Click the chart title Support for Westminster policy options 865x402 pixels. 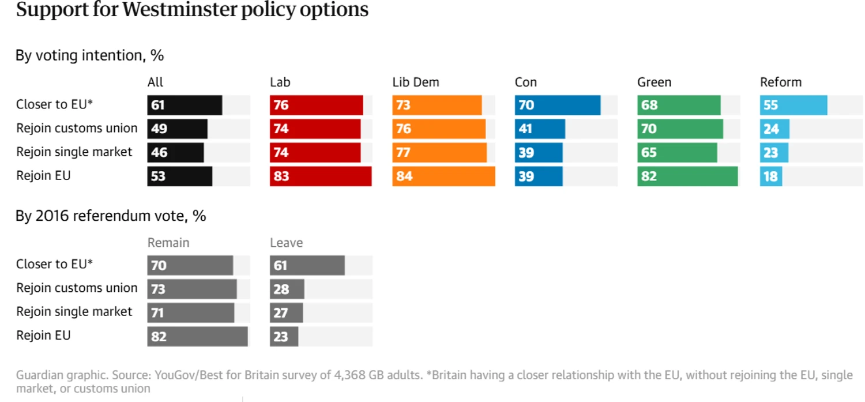point(192,10)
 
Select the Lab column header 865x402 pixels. point(280,82)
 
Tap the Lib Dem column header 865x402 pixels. point(416,82)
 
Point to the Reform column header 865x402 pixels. point(781,82)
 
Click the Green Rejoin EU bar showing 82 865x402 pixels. point(687,176)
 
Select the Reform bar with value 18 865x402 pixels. point(771,176)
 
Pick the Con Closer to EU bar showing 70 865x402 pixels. point(558,106)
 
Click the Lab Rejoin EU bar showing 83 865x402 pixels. point(321,176)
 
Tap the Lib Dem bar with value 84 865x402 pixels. point(443,176)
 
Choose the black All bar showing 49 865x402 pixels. point(177,129)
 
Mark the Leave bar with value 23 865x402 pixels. point(284,336)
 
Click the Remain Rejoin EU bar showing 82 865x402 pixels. point(197,336)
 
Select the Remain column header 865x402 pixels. point(168,243)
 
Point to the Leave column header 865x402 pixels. point(287,243)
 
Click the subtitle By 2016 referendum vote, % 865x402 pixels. point(111,216)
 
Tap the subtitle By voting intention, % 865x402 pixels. point(89,55)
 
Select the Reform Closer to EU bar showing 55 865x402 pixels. point(793,106)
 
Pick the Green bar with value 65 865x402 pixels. point(677,153)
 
